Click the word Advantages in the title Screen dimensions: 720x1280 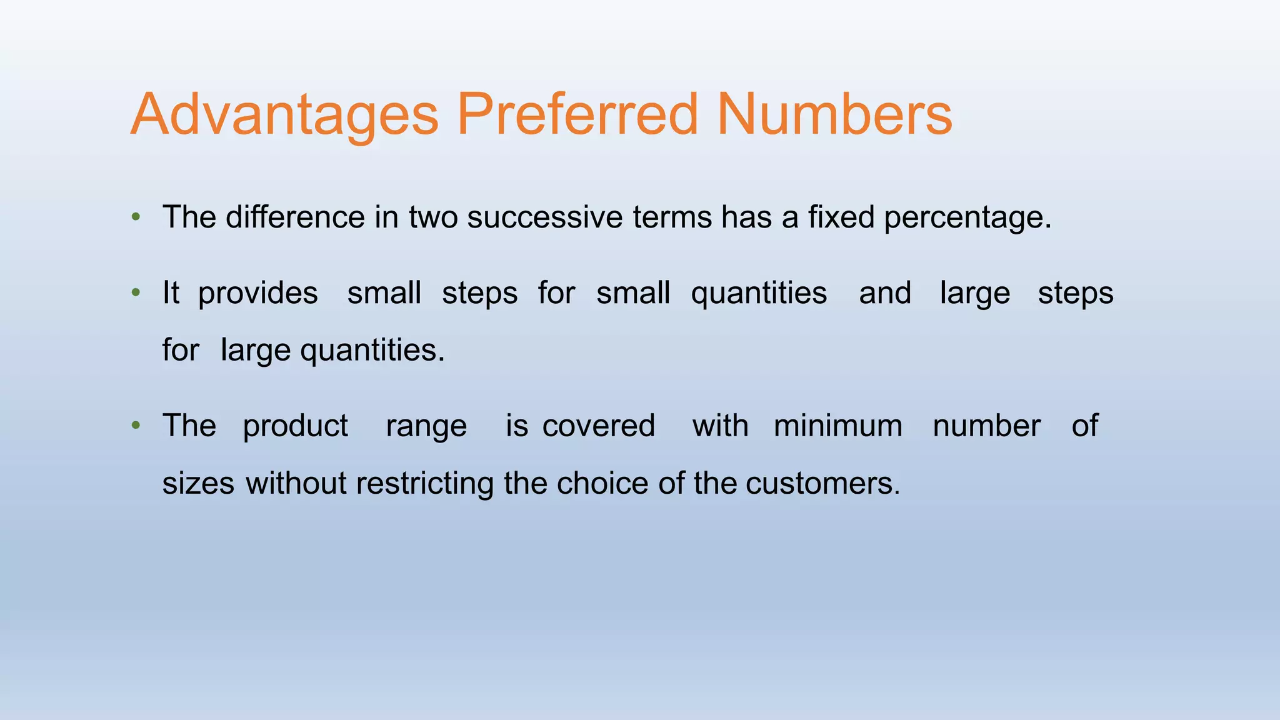[284, 116]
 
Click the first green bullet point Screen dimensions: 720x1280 [136, 217]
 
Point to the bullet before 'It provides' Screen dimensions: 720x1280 [136, 292]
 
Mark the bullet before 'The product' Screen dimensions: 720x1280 [136, 426]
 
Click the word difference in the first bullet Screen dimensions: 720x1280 [295, 217]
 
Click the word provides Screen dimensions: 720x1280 [257, 294]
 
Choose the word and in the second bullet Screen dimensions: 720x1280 [885, 292]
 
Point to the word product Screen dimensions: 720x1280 [295, 427]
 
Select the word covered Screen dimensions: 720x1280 [599, 426]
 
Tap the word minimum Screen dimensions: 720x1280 [838, 426]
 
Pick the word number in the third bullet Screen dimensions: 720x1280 [987, 426]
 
